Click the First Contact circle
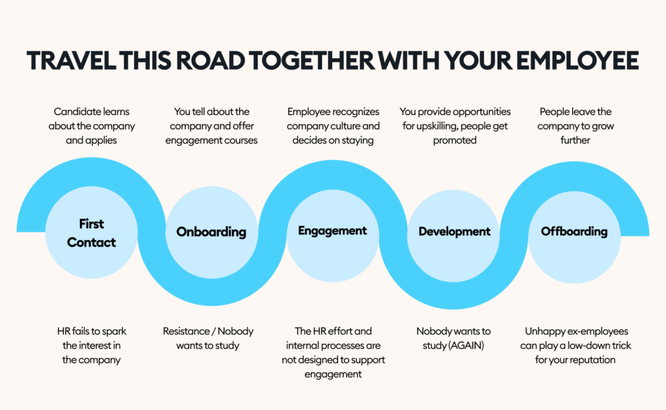click(91, 233)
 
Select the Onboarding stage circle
click(211, 232)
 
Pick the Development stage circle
click(454, 232)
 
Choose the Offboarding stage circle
click(574, 231)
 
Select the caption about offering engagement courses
click(211, 125)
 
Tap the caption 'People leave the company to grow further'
click(574, 125)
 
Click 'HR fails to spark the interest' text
click(91, 345)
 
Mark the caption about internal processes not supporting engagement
click(332, 352)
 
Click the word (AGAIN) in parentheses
click(468, 346)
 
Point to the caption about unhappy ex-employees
click(576, 345)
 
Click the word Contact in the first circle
click(91, 242)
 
